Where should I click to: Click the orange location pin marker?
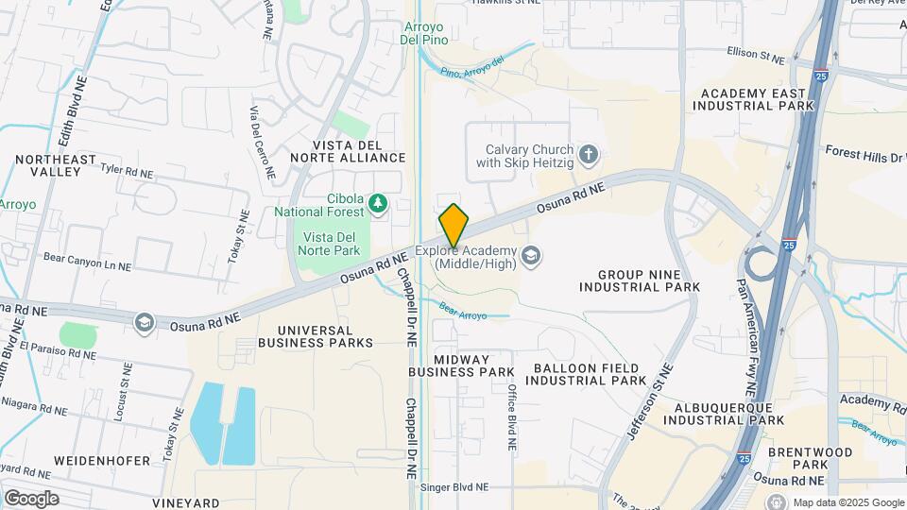point(453,226)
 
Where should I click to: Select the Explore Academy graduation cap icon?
point(531,256)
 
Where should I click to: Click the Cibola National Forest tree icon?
point(378,203)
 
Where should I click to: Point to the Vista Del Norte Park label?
point(329,244)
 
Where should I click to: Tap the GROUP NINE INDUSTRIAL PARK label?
point(648,280)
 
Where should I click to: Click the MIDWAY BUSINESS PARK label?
point(461,365)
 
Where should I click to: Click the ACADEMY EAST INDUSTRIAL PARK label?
point(753,99)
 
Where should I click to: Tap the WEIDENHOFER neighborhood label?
point(102,460)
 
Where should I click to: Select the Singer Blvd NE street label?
point(454,487)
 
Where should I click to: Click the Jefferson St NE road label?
point(651,401)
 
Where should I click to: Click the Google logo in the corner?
point(31,499)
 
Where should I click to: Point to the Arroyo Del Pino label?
point(424,34)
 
